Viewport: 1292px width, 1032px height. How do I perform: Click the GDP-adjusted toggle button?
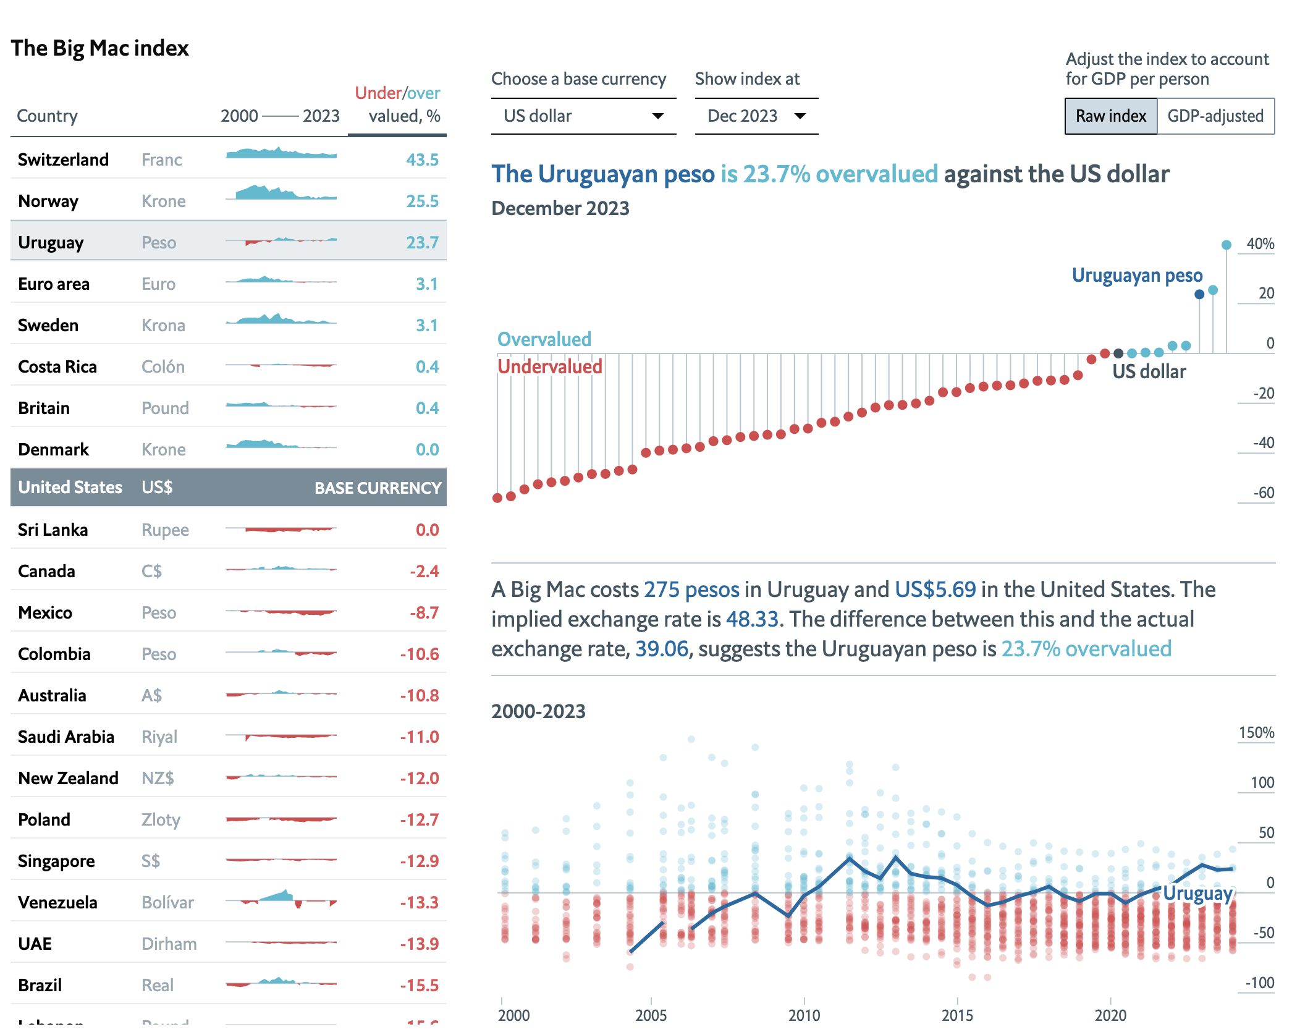(1215, 116)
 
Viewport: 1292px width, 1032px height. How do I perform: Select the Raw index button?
(1110, 116)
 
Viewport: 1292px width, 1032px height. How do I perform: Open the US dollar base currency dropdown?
(583, 116)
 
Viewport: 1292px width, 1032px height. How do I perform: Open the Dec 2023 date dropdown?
(756, 116)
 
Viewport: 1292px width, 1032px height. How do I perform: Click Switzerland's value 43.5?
(422, 160)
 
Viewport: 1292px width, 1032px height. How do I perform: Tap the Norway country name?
(48, 201)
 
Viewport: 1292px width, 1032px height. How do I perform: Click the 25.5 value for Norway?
(422, 201)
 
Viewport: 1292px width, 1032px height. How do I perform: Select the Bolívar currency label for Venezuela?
(167, 903)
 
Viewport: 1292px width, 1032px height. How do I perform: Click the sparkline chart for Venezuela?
(281, 899)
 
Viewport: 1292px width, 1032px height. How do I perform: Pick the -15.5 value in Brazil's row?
(419, 986)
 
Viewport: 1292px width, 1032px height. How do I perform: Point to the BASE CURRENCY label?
(378, 488)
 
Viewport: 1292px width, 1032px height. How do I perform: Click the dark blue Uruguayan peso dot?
(1199, 295)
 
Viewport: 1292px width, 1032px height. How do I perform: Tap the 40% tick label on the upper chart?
(1260, 244)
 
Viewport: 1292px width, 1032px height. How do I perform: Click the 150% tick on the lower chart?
(1256, 733)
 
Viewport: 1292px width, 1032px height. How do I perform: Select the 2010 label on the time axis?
(804, 1015)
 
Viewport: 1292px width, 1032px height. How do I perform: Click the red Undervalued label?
(549, 367)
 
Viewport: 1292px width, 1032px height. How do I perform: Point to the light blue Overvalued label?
(544, 339)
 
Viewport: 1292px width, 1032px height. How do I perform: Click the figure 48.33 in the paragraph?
(751, 619)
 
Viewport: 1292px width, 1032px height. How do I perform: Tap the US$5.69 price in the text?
(935, 590)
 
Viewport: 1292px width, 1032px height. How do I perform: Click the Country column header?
(47, 116)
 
